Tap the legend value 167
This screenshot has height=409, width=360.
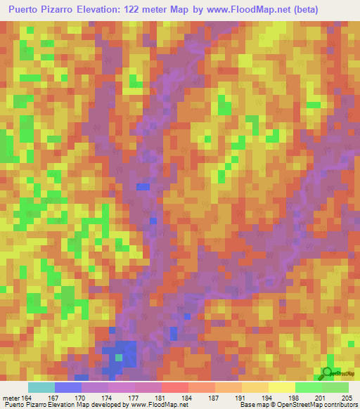(x=53, y=397)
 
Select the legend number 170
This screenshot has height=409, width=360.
(x=80, y=397)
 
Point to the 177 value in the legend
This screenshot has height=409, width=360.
(x=134, y=397)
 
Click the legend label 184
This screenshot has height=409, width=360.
(x=187, y=397)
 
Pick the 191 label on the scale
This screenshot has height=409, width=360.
(x=240, y=397)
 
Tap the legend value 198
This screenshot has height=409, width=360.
(x=294, y=397)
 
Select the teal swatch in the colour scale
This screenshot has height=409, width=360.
(x=41, y=387)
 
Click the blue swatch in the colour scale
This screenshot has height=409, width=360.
(x=67, y=387)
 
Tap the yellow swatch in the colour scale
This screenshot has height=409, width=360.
(x=281, y=387)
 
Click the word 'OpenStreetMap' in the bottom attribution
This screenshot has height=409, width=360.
(x=292, y=405)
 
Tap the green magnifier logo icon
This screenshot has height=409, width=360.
(x=327, y=372)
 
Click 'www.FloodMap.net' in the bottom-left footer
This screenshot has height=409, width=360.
(x=154, y=405)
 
